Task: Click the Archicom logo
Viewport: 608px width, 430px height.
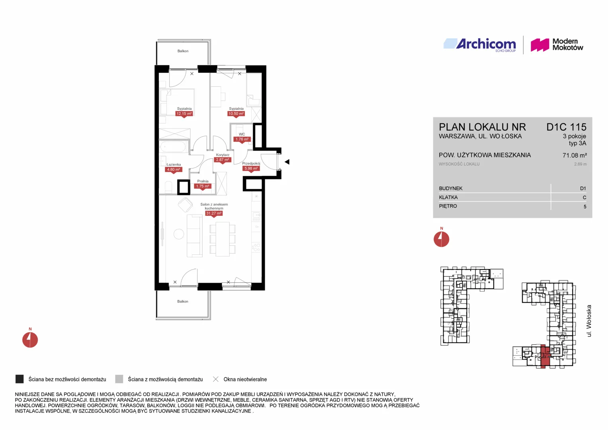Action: click(480, 45)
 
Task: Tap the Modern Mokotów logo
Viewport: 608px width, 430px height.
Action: click(557, 45)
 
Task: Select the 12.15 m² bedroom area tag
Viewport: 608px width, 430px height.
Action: click(184, 114)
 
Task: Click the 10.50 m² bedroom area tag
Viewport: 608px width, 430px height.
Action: click(236, 114)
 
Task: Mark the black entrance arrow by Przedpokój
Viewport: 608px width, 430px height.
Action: click(287, 162)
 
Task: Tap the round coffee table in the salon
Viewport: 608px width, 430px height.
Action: click(179, 234)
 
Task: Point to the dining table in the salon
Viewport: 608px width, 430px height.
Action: click(223, 239)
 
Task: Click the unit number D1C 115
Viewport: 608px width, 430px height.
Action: click(566, 127)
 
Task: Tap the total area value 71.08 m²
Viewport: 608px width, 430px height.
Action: click(575, 155)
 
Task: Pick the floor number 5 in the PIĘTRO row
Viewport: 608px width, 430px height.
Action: click(585, 207)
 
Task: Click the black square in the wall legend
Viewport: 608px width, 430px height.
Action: click(20, 379)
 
